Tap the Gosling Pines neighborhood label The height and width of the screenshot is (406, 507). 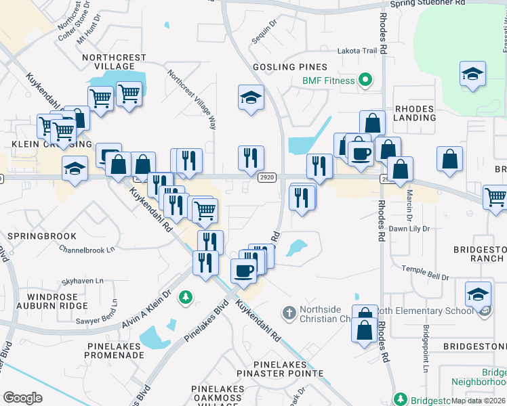290,67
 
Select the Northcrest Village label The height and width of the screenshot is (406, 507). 108,62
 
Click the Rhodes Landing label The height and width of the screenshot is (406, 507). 415,112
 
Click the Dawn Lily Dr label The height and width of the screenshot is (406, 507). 410,229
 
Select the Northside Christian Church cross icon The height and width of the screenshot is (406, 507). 289,313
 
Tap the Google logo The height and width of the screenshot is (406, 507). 23,398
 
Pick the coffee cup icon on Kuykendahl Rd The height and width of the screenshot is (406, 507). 243,270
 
